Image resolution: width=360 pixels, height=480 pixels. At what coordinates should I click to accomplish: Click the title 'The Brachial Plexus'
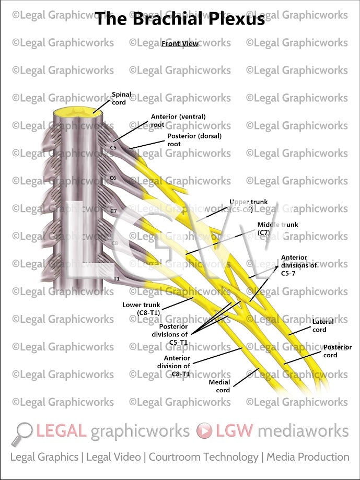(180, 19)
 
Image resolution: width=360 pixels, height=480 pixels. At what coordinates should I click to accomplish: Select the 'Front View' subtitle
(180, 44)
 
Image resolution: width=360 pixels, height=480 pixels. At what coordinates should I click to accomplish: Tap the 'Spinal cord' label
(122, 99)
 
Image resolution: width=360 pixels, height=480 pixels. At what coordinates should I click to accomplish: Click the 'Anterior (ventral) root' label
(178, 121)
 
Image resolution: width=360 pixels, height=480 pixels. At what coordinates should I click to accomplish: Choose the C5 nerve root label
(113, 148)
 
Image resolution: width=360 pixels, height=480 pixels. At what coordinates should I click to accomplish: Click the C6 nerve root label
(113, 178)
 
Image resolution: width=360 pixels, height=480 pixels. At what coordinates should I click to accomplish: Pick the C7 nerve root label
(113, 211)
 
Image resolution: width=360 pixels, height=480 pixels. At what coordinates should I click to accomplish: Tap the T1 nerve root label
(117, 279)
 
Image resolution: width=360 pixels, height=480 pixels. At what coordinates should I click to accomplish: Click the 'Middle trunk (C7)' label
(277, 228)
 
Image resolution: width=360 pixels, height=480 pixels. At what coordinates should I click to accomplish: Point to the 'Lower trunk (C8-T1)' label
(141, 308)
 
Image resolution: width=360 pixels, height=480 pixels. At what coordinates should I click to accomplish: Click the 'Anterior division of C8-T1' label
(177, 366)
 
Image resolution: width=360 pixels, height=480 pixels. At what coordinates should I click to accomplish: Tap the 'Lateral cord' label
(323, 325)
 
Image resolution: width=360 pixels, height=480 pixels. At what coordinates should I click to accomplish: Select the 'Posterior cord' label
(337, 351)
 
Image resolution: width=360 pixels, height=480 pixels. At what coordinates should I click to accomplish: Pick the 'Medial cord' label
(219, 386)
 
